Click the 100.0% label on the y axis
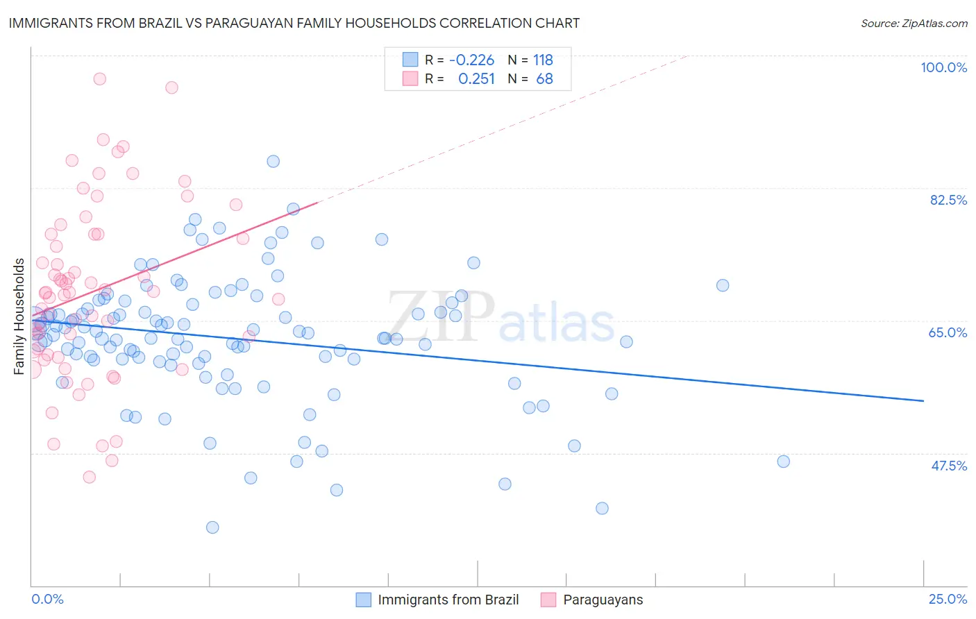[943, 67]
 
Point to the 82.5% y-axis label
[948, 200]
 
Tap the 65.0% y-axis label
[948, 332]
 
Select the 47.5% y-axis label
[948, 466]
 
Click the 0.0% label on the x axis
[47, 599]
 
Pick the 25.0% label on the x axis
[948, 599]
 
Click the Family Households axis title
[19, 316]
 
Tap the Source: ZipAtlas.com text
[914, 23]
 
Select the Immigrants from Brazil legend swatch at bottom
[364, 600]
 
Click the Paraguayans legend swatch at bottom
[548, 600]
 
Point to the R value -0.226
[471, 60]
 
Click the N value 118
[543, 60]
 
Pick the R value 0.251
[476, 79]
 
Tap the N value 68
[544, 79]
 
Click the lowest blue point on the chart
[212, 527]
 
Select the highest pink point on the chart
[99, 79]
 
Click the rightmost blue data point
[783, 461]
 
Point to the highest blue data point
[273, 161]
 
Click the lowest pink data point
[89, 477]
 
